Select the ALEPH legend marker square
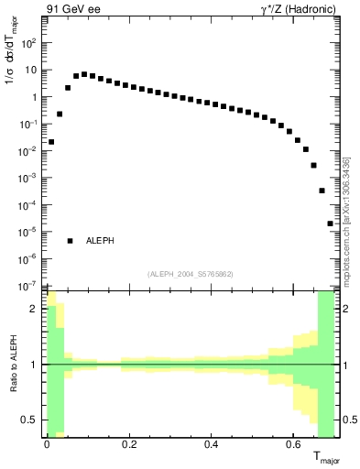click(x=70, y=241)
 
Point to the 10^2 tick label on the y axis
click(x=28, y=43)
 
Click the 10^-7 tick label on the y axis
click(x=28, y=286)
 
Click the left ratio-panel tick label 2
click(x=34, y=310)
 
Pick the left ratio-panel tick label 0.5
click(x=30, y=420)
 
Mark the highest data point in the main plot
click(x=84, y=74)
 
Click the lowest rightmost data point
click(x=330, y=224)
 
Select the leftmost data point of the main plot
click(x=51, y=142)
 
